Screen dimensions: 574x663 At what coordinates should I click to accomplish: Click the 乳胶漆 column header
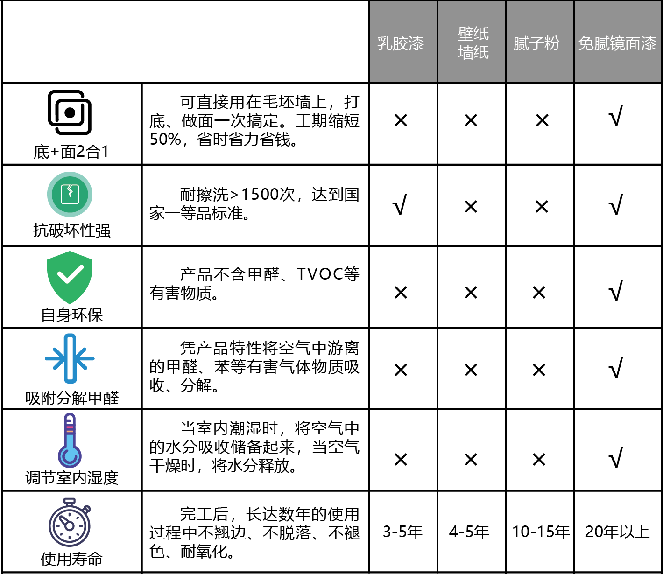click(401, 43)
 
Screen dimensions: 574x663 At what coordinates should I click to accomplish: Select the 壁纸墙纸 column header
click(473, 43)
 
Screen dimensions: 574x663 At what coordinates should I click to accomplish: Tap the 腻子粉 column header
click(536, 43)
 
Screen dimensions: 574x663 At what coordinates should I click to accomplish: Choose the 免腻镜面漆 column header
click(617, 43)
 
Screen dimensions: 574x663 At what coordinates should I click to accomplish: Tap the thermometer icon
click(70, 441)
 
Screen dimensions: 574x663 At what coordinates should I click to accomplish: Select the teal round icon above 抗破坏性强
click(70, 194)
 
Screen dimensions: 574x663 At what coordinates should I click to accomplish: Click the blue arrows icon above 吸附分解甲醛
click(70, 358)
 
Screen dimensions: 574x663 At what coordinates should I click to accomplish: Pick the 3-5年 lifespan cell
click(402, 532)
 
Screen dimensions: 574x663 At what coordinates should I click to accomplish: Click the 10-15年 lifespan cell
click(541, 532)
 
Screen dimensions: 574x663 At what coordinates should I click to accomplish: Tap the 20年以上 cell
click(617, 532)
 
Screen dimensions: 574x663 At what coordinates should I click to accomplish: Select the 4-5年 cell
click(469, 532)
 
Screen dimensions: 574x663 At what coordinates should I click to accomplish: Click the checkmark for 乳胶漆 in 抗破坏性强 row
click(400, 205)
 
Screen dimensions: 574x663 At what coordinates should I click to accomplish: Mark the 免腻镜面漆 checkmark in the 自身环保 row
click(616, 291)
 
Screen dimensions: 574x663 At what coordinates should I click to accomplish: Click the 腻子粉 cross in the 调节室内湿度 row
click(539, 460)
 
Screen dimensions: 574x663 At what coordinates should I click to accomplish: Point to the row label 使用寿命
click(71, 559)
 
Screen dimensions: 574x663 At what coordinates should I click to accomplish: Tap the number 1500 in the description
click(260, 194)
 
